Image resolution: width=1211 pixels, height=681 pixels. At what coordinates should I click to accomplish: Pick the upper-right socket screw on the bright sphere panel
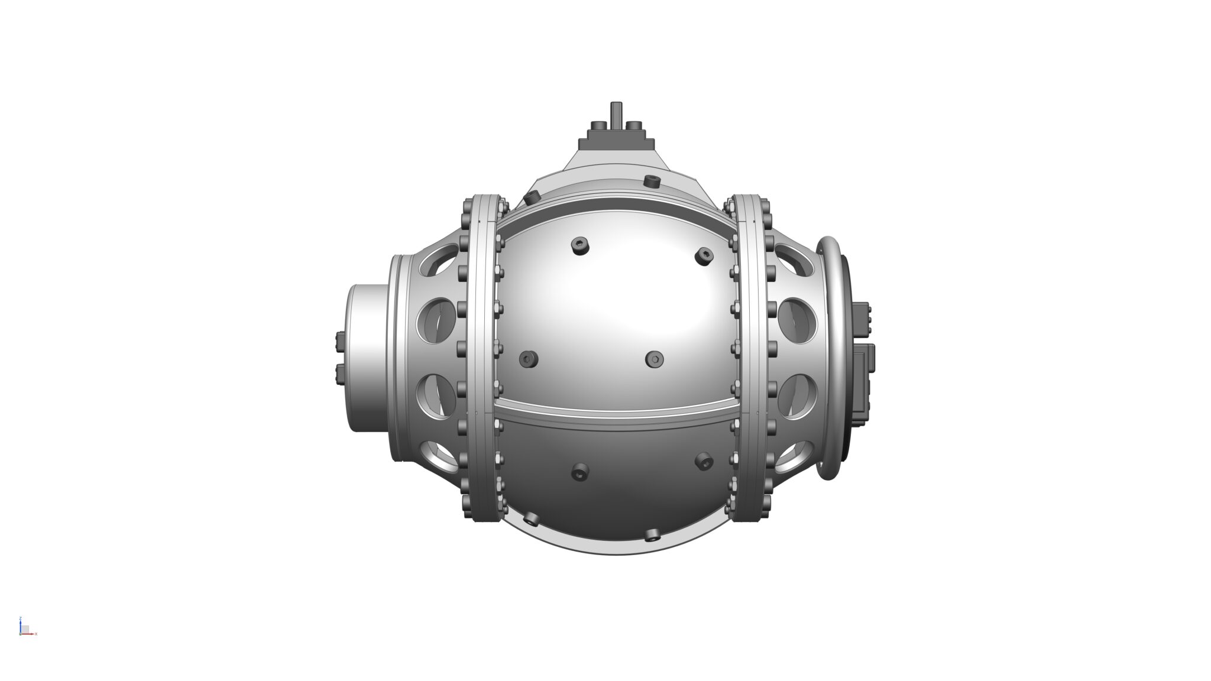(x=704, y=255)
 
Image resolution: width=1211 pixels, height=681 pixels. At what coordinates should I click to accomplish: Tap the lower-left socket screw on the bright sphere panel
(x=527, y=358)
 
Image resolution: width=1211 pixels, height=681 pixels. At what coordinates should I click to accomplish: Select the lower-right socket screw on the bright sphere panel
(x=655, y=358)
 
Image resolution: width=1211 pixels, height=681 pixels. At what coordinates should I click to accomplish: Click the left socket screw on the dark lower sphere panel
(x=580, y=471)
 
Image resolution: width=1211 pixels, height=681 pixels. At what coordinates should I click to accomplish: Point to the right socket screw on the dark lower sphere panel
(x=704, y=461)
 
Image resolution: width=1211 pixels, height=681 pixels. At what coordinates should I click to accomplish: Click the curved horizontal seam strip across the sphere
(x=615, y=409)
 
